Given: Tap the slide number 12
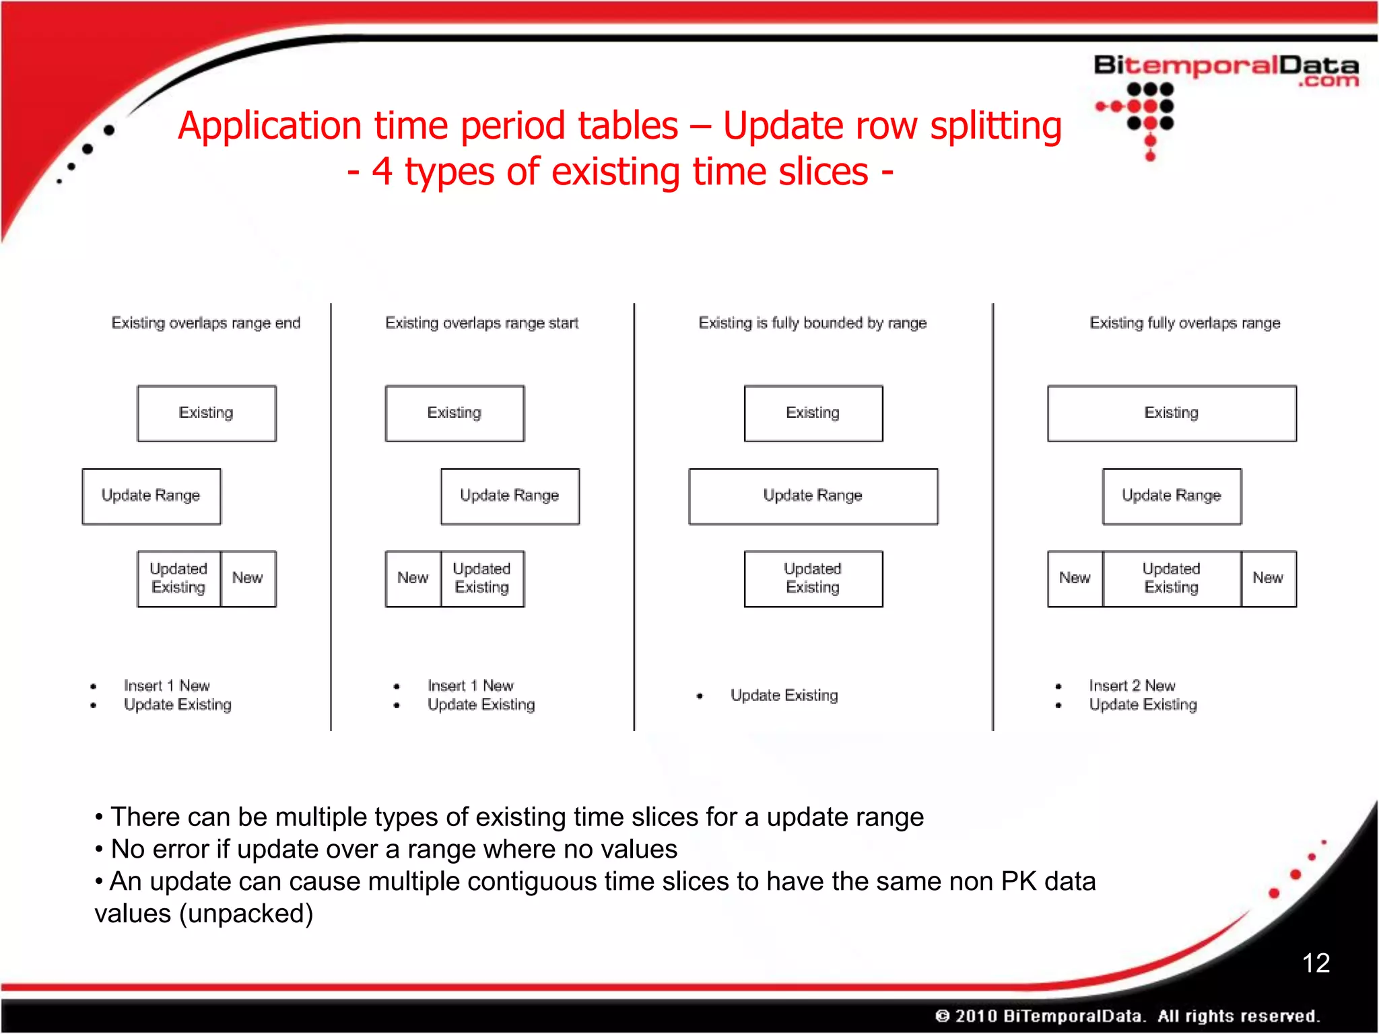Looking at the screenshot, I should pyautogui.click(x=1315, y=963).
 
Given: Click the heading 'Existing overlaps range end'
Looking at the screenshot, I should pyautogui.click(x=205, y=323).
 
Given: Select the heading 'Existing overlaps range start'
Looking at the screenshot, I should pyautogui.click(x=481, y=323).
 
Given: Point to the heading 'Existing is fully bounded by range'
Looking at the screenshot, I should pyautogui.click(x=812, y=323).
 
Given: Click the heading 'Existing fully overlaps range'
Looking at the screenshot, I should pyautogui.click(x=1184, y=323).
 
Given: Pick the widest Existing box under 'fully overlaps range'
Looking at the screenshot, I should pyautogui.click(x=1172, y=413).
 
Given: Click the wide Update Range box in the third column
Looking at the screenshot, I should pyautogui.click(x=813, y=495).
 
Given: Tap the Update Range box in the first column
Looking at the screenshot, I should pyautogui.click(x=151, y=495).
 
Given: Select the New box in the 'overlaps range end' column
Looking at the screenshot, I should pyautogui.click(x=248, y=578).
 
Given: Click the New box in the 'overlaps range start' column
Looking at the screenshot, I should pyautogui.click(x=413, y=578).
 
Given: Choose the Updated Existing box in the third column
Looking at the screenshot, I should pyautogui.click(x=813, y=578).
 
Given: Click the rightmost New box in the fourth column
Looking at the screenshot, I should pyautogui.click(x=1268, y=578).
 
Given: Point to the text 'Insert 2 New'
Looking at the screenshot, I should pyautogui.click(x=1132, y=685).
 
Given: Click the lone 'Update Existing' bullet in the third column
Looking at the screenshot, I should pyautogui.click(x=784, y=695).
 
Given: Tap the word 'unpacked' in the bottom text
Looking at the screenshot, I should pyautogui.click(x=245, y=914).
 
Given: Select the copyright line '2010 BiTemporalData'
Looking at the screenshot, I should pyautogui.click(x=1050, y=1015).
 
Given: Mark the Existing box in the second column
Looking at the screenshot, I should pyautogui.click(x=455, y=413).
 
